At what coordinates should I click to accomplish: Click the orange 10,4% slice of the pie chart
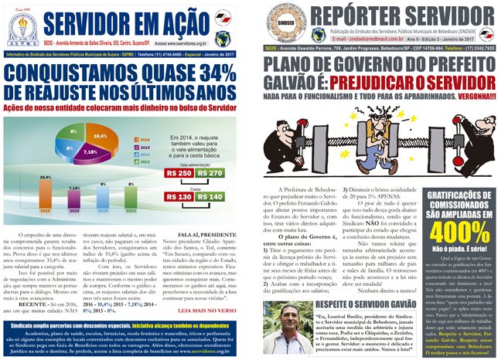click(x=99, y=140)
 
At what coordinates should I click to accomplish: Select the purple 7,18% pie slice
click(x=90, y=153)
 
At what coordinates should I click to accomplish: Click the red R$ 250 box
click(x=180, y=173)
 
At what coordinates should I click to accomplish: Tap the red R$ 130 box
click(x=180, y=197)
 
